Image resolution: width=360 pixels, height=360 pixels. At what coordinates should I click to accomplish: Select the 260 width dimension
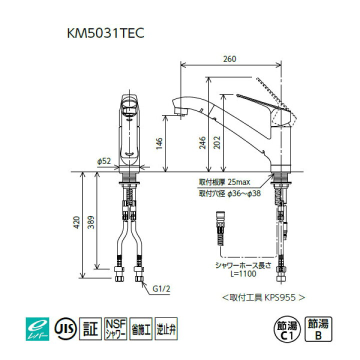point(229,59)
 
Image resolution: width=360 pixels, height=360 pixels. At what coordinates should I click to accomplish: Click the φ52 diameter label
point(103,161)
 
